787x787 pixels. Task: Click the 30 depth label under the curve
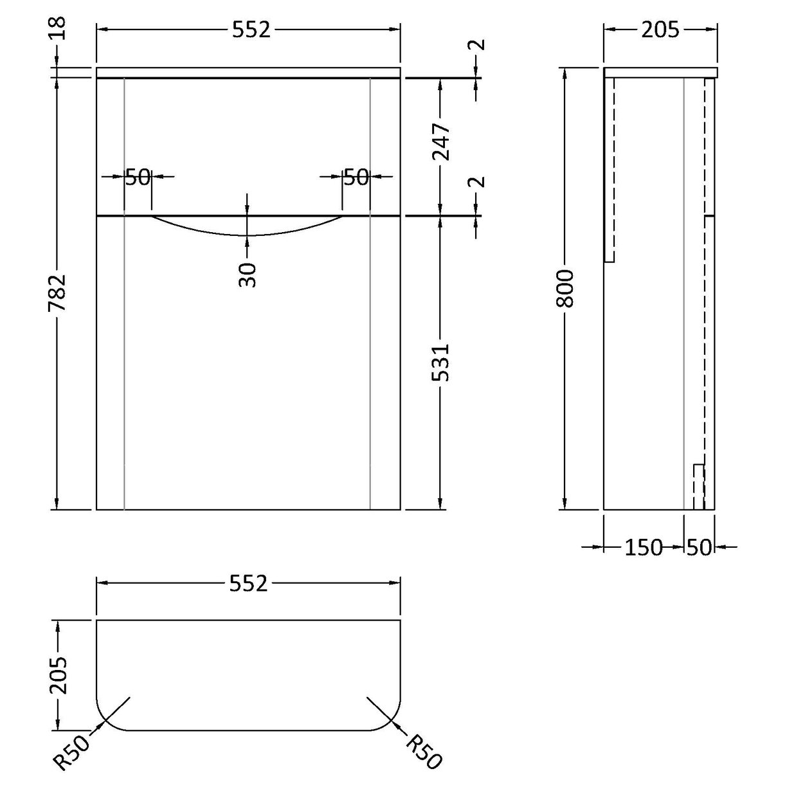pos(248,274)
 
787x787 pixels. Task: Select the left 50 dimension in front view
pos(137,177)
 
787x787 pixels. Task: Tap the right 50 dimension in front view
pos(356,177)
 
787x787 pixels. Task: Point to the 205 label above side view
pos(660,30)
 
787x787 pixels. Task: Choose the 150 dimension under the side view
pos(643,547)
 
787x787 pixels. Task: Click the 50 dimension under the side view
pos(700,547)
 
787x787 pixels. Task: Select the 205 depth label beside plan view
pos(58,675)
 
